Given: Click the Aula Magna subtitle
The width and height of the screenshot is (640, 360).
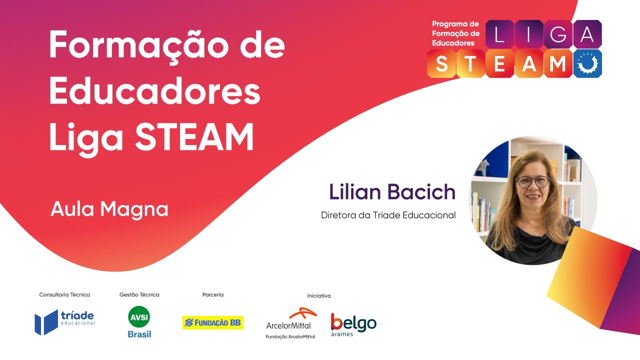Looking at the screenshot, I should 109,209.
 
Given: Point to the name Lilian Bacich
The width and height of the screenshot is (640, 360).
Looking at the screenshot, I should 392,192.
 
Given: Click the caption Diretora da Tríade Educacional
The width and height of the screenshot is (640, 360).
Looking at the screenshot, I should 388,215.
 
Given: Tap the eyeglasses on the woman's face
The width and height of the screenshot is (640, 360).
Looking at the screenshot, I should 532,181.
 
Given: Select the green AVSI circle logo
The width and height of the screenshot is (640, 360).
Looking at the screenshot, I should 139,317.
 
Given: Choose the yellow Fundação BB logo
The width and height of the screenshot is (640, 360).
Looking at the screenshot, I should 212,323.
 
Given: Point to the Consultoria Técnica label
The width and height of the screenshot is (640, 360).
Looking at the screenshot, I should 64,295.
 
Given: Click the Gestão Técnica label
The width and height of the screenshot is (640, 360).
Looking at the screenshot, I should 139,295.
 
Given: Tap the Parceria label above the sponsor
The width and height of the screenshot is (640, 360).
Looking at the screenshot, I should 212,295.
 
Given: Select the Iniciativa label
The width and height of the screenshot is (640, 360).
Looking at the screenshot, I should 318,296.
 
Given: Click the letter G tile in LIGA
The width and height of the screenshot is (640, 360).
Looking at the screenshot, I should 558,34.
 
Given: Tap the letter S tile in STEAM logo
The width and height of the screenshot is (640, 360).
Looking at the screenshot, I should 441,64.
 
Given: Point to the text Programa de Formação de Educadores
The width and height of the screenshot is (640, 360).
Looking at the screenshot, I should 455,33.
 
